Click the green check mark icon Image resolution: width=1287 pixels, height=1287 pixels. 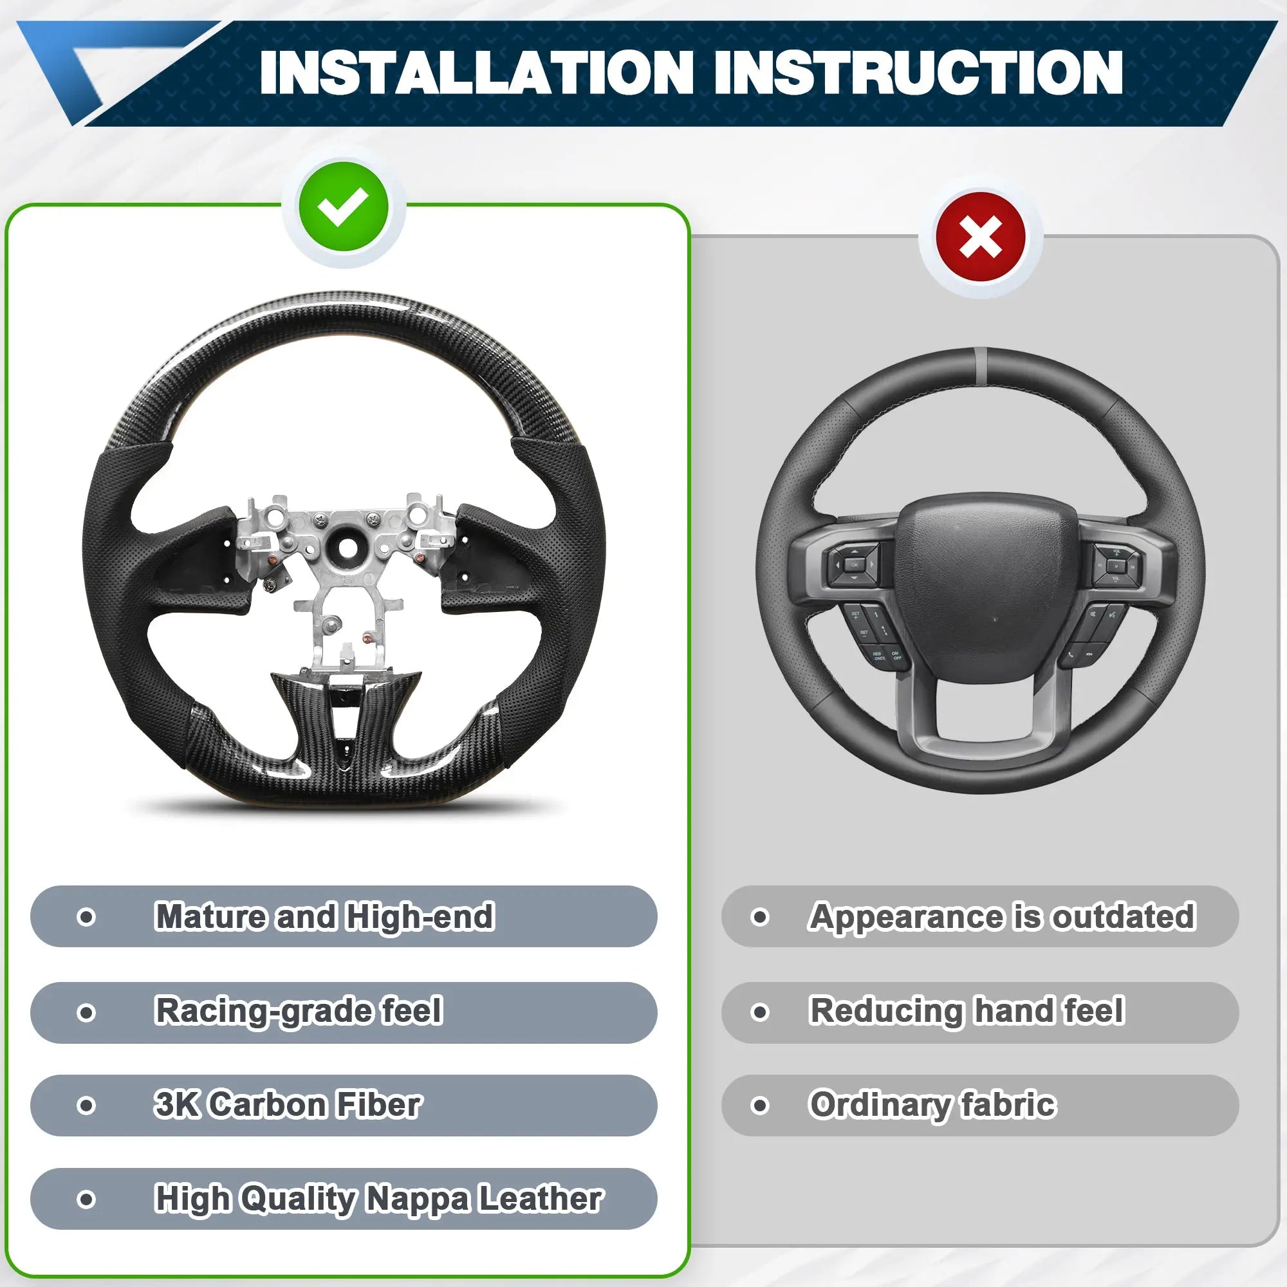[344, 207]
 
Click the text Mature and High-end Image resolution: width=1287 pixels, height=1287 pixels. [324, 916]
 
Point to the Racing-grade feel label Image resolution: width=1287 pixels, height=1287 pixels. [299, 1011]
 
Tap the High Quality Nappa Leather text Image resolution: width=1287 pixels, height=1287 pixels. [378, 1199]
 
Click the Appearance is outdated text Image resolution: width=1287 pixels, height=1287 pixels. [1002, 916]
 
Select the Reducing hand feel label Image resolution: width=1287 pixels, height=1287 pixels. [967, 1010]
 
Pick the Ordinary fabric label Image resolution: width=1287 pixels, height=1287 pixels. [932, 1105]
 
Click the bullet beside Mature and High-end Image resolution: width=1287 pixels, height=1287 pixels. [86, 917]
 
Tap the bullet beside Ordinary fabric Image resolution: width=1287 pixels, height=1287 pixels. [760, 1106]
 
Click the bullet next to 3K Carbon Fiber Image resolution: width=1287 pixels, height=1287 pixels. [86, 1106]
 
